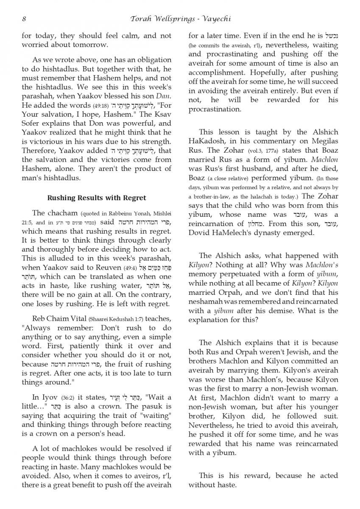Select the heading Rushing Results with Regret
click(96, 198)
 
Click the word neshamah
click(206, 302)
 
